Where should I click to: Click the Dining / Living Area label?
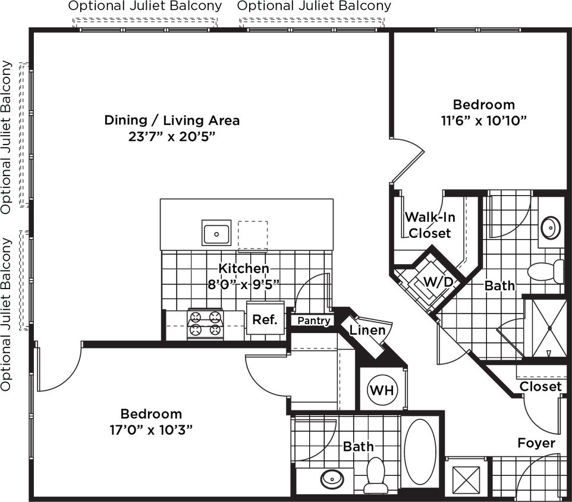[172, 120]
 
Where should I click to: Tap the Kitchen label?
[243, 268]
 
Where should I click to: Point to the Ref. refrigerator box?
[265, 319]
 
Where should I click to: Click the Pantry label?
[313, 321]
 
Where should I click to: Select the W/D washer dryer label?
[438, 281]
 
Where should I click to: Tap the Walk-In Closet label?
[429, 224]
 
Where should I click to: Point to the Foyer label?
[536, 443]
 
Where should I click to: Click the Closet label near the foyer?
[540, 387]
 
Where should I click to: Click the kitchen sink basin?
[216, 233]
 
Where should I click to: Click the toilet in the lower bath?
[376, 473]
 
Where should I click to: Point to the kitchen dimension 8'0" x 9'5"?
[243, 284]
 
